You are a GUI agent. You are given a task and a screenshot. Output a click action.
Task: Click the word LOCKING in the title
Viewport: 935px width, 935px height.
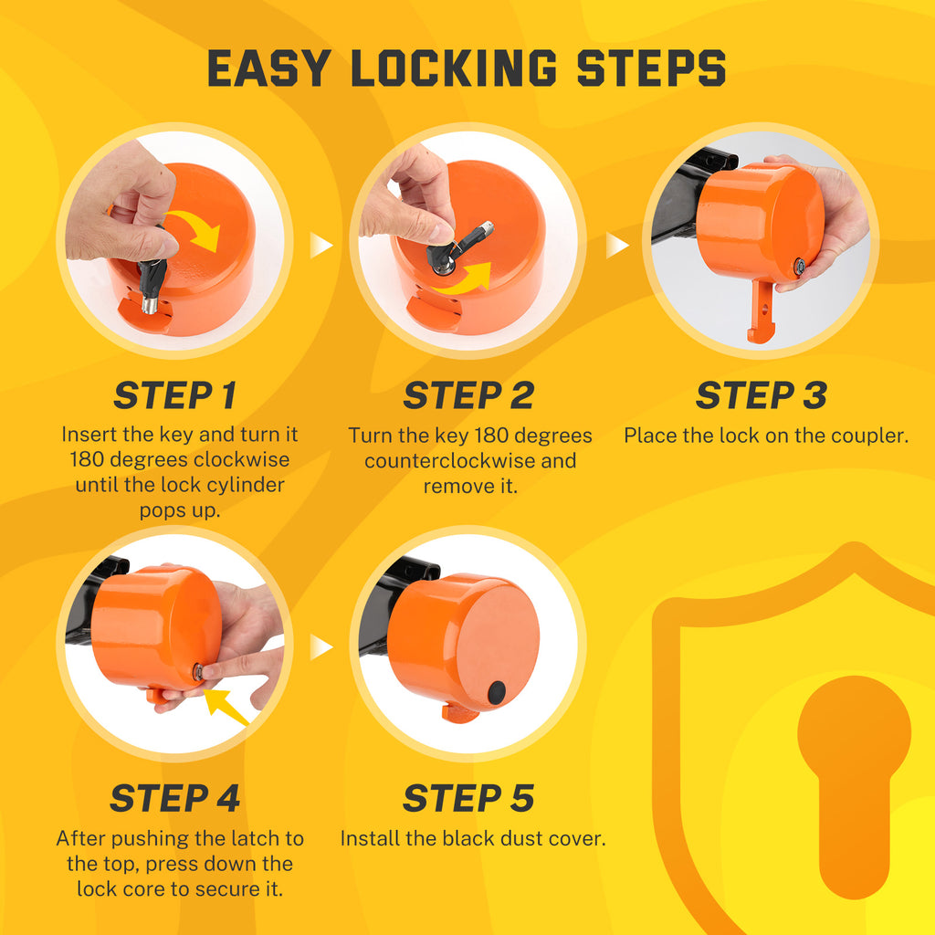point(453,68)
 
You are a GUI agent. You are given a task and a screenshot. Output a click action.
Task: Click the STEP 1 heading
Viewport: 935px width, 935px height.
point(174,395)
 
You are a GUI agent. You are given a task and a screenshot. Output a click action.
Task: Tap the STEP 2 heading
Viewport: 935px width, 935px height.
point(467,395)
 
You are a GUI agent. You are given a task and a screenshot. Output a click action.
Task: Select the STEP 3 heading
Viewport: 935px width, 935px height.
point(761,395)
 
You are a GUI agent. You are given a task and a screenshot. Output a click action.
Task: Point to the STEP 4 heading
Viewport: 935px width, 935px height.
point(174,798)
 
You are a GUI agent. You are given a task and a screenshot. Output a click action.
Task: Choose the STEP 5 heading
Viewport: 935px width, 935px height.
point(467,798)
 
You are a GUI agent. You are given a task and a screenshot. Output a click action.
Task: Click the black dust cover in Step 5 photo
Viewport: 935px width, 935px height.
point(497,693)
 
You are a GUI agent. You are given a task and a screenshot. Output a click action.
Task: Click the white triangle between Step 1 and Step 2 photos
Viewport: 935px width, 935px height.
point(321,245)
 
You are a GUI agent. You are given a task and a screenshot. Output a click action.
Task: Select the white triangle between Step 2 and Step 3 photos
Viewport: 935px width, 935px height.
point(617,245)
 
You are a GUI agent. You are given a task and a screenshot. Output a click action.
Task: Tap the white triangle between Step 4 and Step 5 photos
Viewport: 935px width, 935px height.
point(321,647)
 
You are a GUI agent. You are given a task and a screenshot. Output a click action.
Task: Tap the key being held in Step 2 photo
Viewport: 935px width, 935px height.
point(461,245)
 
